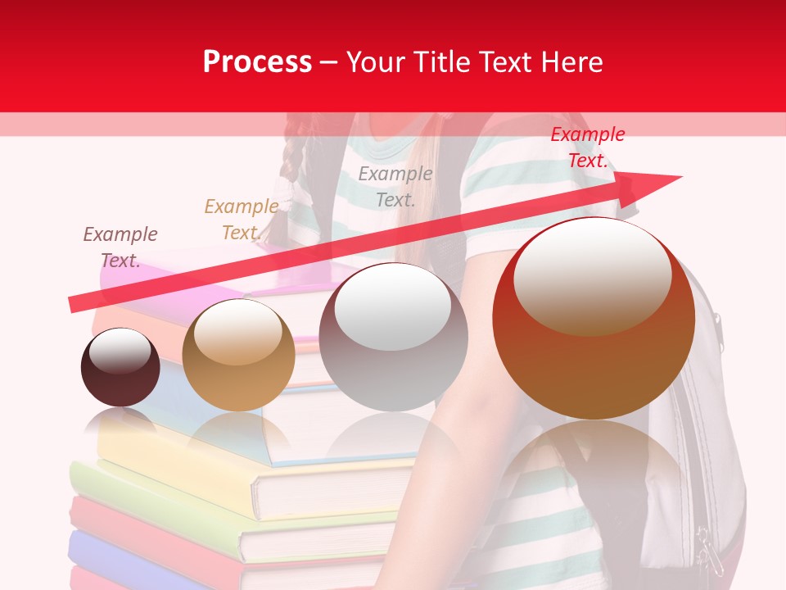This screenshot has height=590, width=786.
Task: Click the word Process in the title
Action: click(x=257, y=62)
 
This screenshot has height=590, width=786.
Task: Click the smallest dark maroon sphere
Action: click(x=120, y=367)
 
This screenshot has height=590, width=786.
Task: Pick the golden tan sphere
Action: click(x=238, y=355)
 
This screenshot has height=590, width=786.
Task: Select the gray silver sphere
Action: click(x=393, y=337)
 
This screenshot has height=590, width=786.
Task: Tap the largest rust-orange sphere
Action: click(x=594, y=318)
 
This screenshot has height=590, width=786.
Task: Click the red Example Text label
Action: click(x=587, y=147)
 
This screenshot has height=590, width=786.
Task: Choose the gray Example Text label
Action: click(x=395, y=186)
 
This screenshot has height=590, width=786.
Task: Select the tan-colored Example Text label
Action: click(x=241, y=220)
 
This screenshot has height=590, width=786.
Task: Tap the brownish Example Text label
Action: click(x=120, y=247)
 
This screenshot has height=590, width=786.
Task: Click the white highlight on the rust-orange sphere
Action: click(x=592, y=275)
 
